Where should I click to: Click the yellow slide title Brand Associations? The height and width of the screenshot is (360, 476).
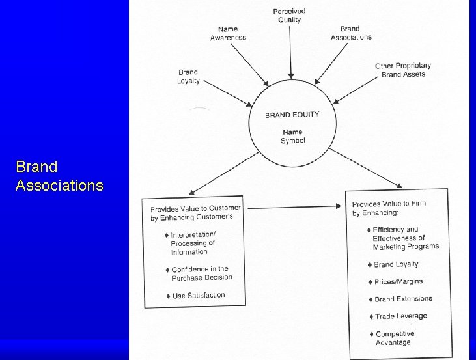[59, 176]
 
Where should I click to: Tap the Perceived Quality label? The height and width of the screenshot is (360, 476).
[289, 16]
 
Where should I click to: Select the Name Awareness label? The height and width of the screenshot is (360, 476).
[228, 33]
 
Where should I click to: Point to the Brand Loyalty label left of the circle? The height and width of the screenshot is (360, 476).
[188, 77]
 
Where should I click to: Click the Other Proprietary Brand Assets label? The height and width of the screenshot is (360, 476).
[403, 70]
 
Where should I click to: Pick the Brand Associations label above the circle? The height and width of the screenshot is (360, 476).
[351, 33]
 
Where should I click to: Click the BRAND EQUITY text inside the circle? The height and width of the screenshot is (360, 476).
[292, 115]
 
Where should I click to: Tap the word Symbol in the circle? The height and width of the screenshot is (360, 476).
[292, 141]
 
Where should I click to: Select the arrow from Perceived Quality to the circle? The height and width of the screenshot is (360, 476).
[290, 52]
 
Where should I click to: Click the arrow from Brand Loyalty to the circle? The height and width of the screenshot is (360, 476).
[228, 93]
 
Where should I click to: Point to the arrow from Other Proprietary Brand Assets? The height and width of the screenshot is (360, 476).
[355, 90]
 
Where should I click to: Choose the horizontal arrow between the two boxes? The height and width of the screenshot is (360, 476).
[294, 207]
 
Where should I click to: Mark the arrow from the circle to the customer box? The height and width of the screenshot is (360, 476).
[224, 173]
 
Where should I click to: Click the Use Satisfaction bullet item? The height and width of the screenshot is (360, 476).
[196, 296]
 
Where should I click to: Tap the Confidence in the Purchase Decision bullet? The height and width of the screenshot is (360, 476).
[199, 273]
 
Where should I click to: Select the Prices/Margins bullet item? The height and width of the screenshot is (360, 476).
[395, 282]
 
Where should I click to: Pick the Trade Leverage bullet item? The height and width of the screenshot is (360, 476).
[398, 316]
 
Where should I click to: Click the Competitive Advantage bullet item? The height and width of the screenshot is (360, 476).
[392, 338]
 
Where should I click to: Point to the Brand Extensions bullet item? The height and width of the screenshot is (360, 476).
[400, 299]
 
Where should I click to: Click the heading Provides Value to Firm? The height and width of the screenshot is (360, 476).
[389, 204]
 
